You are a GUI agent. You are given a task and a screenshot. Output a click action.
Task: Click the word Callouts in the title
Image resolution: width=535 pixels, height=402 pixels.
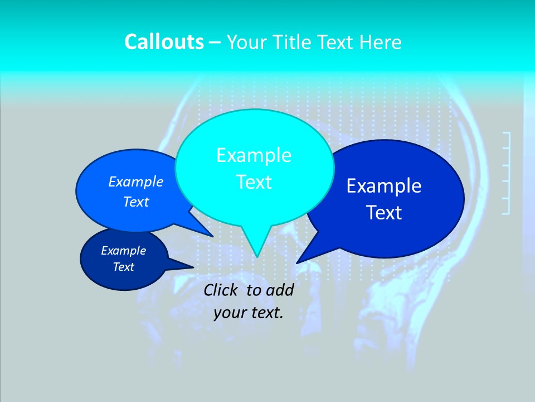(x=164, y=42)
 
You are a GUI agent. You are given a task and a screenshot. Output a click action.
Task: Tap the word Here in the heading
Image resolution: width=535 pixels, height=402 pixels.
(x=381, y=42)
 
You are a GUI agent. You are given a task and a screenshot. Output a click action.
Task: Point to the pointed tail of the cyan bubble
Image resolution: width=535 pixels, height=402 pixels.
(x=256, y=255)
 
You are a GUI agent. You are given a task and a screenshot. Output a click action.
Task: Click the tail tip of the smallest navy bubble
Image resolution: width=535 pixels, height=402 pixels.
(x=192, y=266)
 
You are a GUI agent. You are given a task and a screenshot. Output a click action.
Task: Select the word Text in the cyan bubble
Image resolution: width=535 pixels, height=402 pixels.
(x=254, y=181)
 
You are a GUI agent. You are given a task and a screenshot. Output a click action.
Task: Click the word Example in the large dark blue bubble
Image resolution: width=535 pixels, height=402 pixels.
(x=384, y=185)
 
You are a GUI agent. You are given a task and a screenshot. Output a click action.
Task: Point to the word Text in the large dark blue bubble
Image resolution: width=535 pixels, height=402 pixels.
(x=384, y=212)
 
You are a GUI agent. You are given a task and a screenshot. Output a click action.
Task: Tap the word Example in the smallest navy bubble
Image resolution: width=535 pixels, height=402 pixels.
(x=124, y=251)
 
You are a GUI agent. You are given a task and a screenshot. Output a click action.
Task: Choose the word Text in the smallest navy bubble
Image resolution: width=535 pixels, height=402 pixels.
(x=124, y=267)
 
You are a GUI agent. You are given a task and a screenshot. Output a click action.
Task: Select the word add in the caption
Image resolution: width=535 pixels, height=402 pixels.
(x=279, y=290)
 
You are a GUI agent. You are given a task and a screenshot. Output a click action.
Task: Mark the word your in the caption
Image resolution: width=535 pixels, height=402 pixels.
(x=229, y=313)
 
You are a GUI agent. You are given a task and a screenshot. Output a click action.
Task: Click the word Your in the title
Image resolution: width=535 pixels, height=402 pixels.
(x=245, y=42)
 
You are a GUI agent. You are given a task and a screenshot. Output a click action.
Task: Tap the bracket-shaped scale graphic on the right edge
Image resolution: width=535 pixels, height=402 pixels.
(x=506, y=173)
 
